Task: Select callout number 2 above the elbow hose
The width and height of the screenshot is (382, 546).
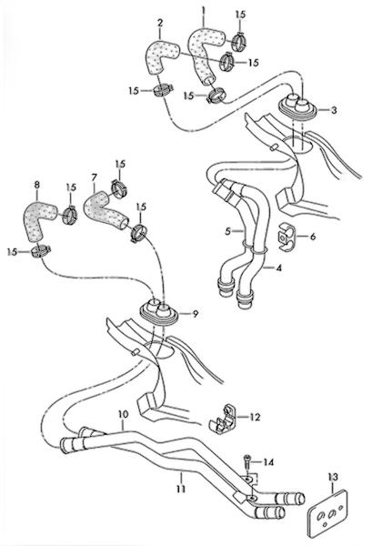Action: (x=160, y=24)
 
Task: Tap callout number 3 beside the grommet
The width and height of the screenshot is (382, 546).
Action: (x=334, y=110)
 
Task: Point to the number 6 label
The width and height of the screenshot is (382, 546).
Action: (x=313, y=237)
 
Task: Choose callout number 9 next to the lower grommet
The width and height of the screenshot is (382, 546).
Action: (x=196, y=314)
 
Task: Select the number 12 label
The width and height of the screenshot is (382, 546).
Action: (x=255, y=417)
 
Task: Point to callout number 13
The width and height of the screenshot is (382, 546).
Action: (x=333, y=477)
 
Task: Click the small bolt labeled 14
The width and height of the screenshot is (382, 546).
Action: (x=247, y=461)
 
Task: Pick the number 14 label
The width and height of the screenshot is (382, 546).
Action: (x=268, y=462)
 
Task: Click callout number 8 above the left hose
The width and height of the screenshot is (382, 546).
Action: (x=37, y=184)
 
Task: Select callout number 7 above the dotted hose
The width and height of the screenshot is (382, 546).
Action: (x=95, y=177)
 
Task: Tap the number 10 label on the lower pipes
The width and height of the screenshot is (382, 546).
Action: (x=123, y=415)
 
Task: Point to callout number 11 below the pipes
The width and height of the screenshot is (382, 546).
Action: (x=181, y=489)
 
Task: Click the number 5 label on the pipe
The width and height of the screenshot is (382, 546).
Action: (x=228, y=231)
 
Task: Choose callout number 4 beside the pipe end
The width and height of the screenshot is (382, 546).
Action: (x=278, y=268)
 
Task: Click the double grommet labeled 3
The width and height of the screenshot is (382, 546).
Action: (x=298, y=106)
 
